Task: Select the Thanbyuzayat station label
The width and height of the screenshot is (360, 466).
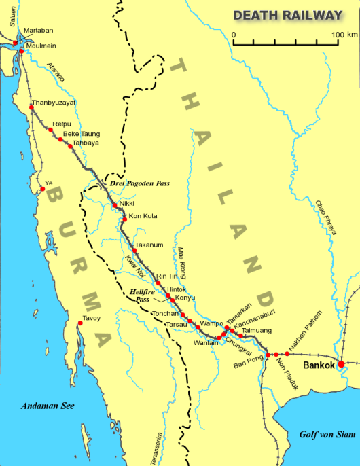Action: (54, 102)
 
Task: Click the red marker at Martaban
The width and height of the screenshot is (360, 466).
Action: (15, 43)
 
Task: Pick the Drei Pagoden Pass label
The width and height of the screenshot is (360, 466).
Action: (139, 183)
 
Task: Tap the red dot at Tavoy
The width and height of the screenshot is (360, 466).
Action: (80, 323)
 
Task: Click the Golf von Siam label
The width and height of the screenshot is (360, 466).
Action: (327, 433)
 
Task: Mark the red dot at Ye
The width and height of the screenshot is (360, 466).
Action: (42, 189)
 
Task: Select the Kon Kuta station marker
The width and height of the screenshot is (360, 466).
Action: (124, 219)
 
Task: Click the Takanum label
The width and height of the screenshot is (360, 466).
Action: (149, 244)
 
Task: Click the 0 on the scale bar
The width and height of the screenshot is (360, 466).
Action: (234, 33)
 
